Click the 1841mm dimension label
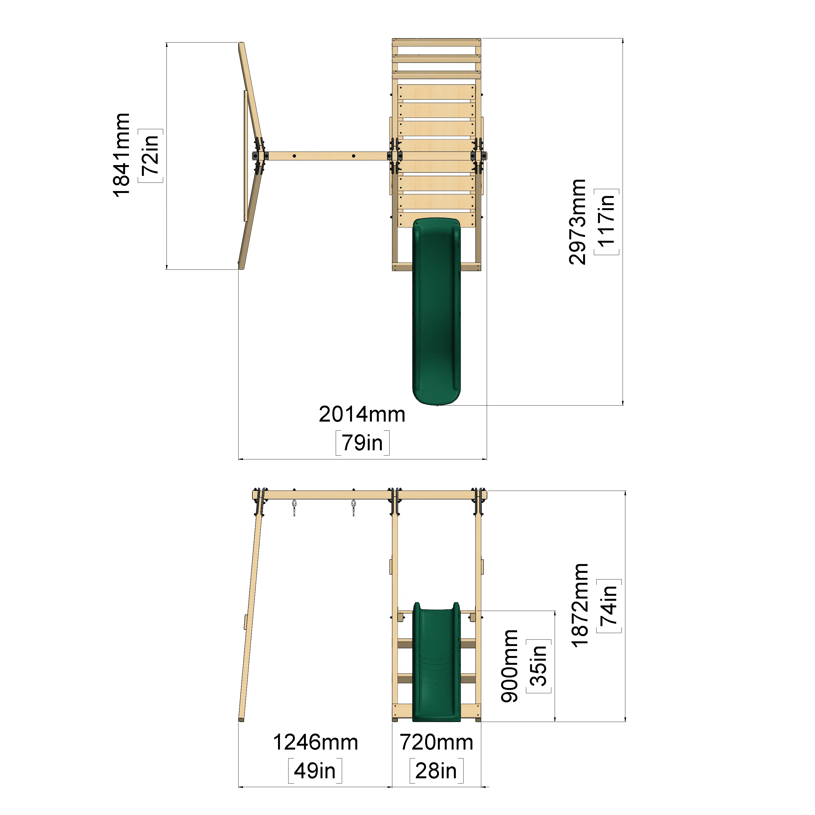(x=121, y=155)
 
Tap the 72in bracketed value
(x=150, y=155)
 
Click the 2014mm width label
(x=362, y=414)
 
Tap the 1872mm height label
(x=580, y=605)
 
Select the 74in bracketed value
(x=609, y=606)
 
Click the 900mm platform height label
(x=510, y=666)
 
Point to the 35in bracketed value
(x=539, y=666)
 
